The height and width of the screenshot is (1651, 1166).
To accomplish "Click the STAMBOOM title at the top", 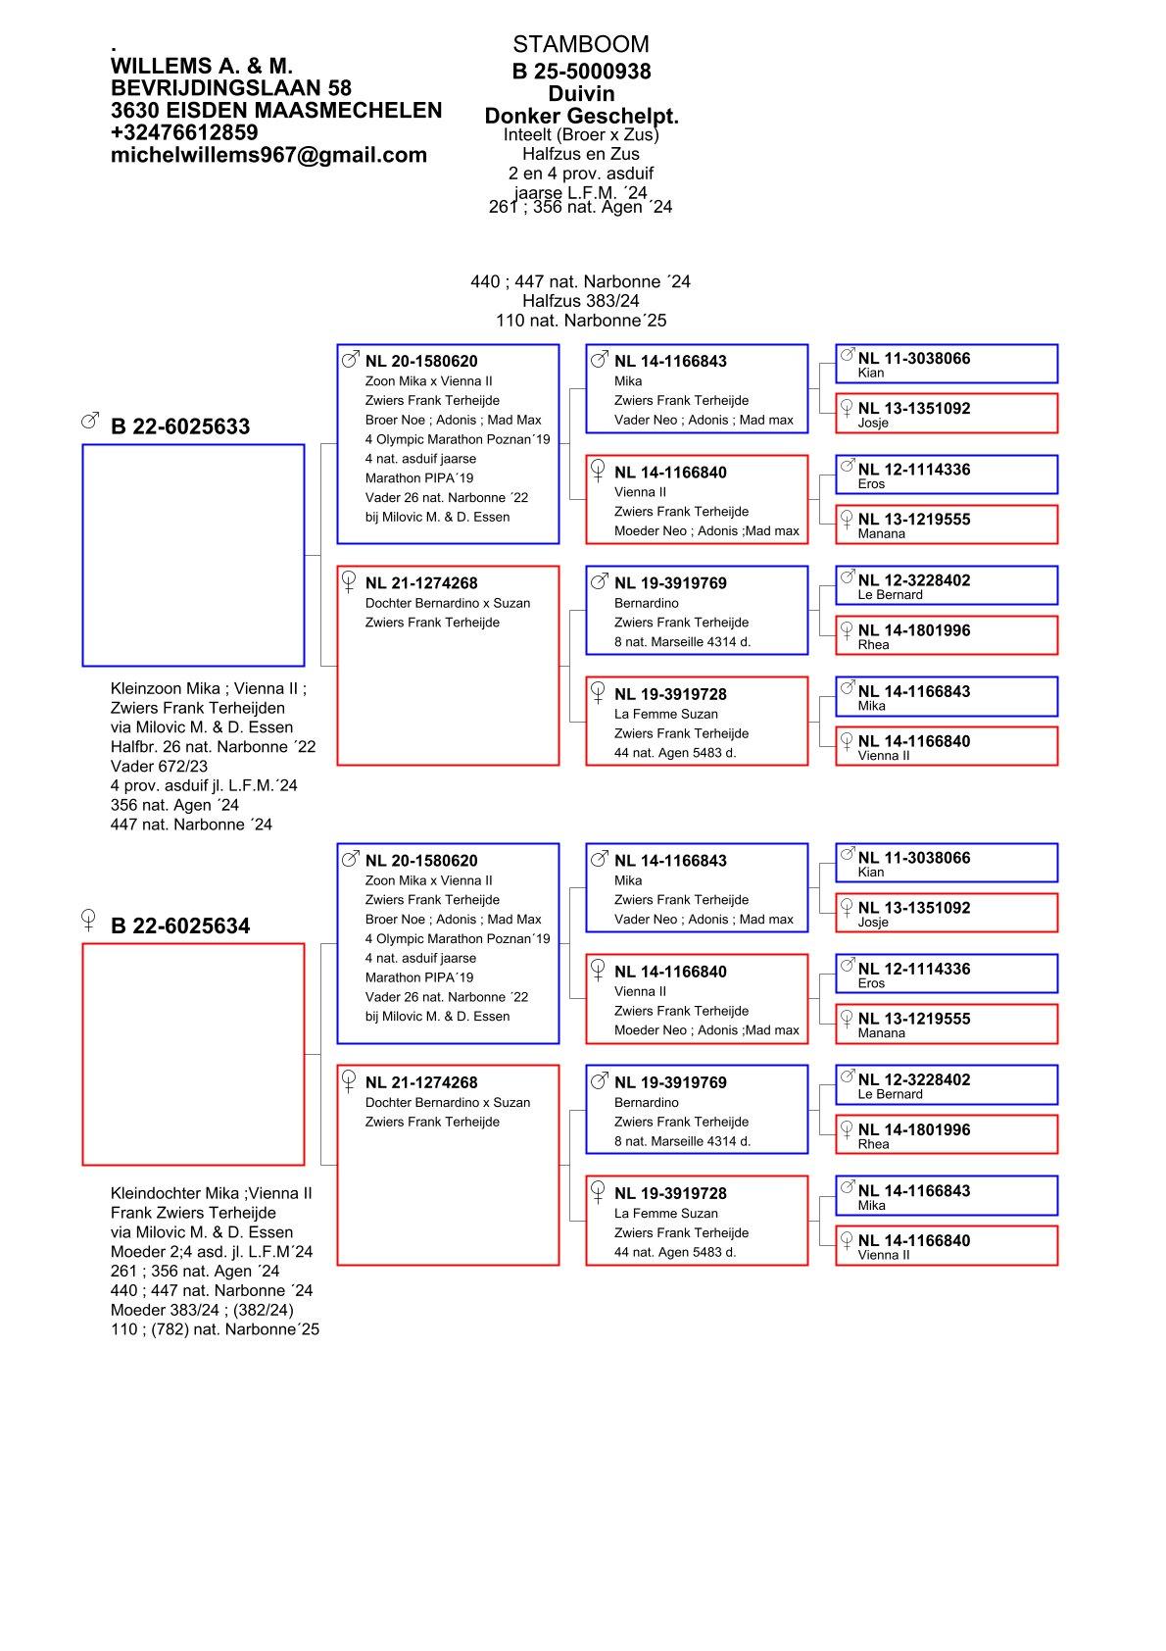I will point(580,44).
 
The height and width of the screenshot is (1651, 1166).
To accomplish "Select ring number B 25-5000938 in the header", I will point(581,72).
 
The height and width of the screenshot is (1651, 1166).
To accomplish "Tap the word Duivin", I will point(581,94).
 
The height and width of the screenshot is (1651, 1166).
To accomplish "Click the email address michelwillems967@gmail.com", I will point(268,155).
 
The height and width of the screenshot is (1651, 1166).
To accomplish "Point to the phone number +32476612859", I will point(184,132).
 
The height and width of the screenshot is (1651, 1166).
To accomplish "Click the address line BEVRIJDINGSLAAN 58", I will point(231,88).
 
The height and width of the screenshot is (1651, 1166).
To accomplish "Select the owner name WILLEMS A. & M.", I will point(202,66).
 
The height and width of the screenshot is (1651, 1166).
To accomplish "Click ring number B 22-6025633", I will point(180,426).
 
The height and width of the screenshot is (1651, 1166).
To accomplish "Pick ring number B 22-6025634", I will point(180,926).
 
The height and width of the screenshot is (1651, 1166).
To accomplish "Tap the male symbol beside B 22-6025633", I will point(89,421).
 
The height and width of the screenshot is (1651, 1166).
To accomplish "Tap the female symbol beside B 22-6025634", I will point(89,921).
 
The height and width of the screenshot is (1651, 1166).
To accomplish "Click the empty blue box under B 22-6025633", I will point(193,555).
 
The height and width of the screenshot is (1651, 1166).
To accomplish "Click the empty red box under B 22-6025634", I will point(193,1054).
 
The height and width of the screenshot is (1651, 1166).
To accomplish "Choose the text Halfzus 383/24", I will point(580,301).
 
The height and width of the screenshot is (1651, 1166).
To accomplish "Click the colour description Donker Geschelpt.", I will point(581,117).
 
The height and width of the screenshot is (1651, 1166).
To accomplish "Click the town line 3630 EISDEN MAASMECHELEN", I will point(276,111).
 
